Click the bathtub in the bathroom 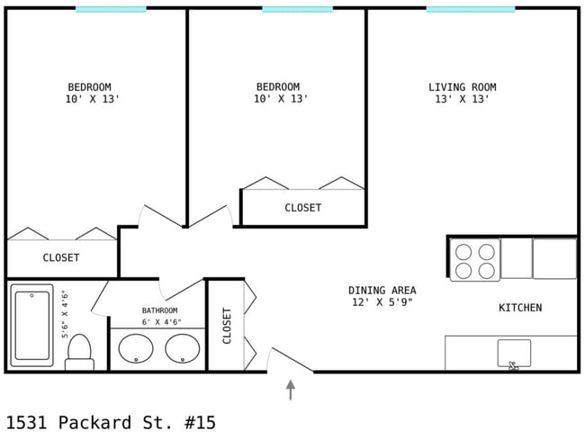31,326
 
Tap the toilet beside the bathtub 79,353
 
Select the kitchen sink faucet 514,366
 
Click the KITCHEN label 520,308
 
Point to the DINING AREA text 382,290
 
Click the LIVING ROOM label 463,87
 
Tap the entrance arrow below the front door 291,390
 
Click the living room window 471,9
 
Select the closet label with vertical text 227,326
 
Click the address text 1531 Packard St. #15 111,423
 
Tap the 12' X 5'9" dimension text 382,301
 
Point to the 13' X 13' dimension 463,99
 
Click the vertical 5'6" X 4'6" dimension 66,314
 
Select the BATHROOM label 159,310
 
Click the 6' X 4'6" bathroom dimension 161,322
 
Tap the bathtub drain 31,296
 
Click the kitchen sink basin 514,353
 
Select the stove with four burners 475,260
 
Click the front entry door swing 291,359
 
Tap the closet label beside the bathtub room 61,257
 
